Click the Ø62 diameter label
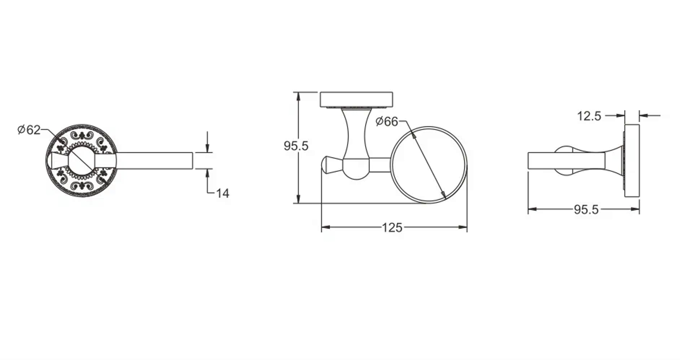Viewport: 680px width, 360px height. coord(29,130)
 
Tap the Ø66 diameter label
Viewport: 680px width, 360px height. coord(387,121)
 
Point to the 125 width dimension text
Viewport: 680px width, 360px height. coord(392,228)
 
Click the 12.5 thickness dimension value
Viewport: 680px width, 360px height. coord(589,116)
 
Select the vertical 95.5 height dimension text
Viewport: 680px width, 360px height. coord(296,146)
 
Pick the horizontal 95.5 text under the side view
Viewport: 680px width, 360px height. coord(586,210)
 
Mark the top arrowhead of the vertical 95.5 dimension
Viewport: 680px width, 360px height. coord(298,96)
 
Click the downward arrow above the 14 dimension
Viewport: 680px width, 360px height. coord(207,149)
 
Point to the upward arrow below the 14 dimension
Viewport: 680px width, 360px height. coord(207,173)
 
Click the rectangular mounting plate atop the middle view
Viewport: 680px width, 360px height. coord(356,99)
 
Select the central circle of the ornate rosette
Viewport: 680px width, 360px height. coord(82,160)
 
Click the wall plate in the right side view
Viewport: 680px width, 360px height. coord(632,161)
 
